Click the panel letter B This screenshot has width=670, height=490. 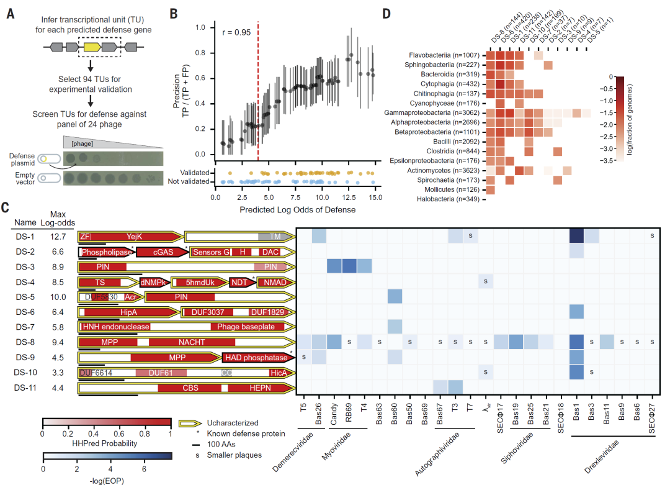[174, 13]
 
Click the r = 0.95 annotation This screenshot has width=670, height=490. [237, 32]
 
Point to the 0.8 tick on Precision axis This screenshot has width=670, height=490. [200, 53]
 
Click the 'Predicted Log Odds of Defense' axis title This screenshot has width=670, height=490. [297, 209]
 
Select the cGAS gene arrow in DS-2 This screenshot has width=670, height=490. [160, 251]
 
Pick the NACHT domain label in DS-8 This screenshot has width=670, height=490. [192, 341]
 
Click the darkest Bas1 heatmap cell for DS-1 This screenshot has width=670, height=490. [578, 236]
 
